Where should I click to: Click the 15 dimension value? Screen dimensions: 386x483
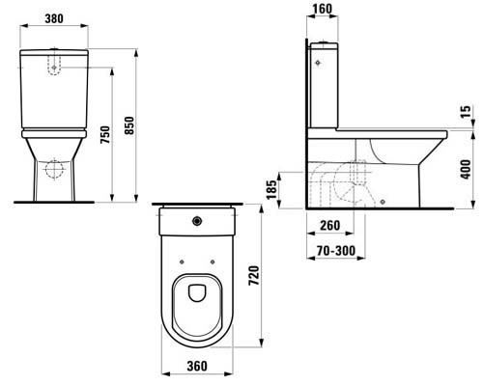pos(468,115)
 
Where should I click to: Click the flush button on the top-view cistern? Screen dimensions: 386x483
pos(199,221)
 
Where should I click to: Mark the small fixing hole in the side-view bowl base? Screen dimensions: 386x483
pos(384,202)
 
